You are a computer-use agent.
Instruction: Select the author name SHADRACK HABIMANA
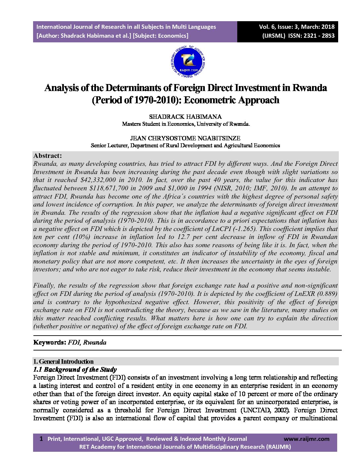click(x=185, y=117)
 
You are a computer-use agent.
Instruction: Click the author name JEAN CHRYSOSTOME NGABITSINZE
click(x=185, y=138)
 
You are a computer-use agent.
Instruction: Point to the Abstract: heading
click(x=48, y=156)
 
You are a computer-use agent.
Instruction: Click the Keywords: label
click(x=50, y=343)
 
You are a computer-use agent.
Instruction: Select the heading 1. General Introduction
click(x=64, y=361)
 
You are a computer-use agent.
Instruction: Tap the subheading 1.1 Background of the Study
click(x=75, y=369)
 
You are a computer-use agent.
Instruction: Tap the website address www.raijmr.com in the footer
click(x=307, y=439)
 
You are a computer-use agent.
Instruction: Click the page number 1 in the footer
click(x=41, y=439)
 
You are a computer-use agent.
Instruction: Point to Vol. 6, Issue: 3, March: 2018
click(x=297, y=27)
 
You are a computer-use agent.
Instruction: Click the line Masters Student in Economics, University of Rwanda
click(x=186, y=124)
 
